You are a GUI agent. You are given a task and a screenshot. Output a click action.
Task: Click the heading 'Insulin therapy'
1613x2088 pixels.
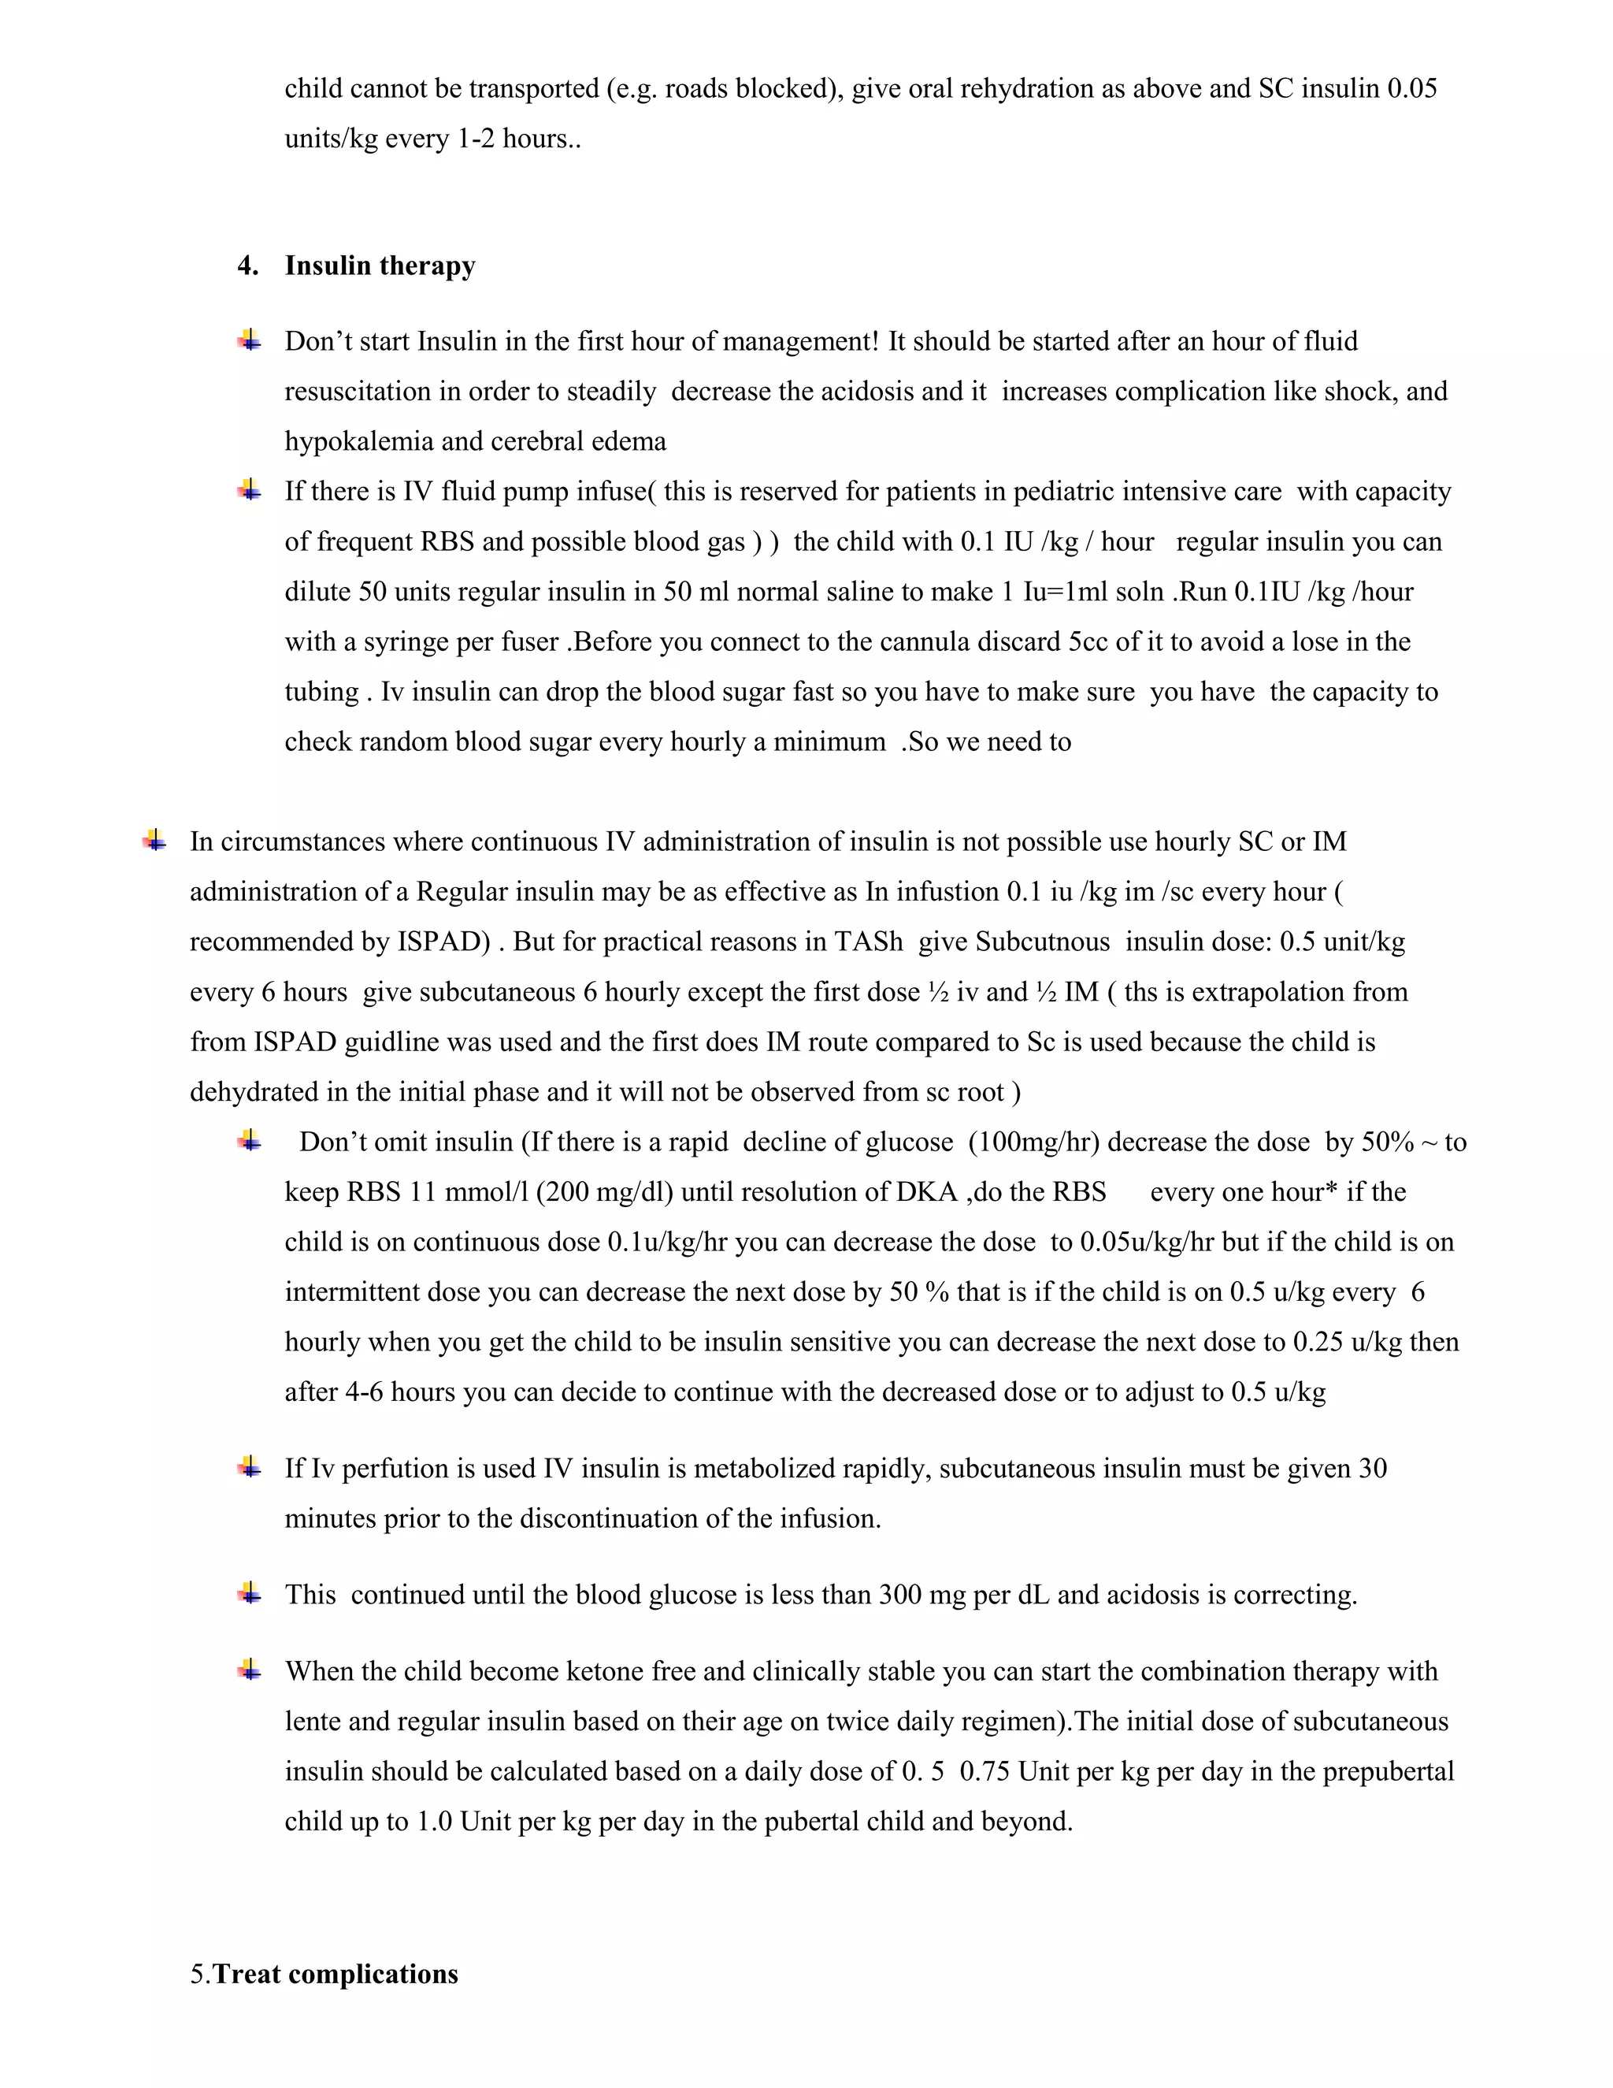(x=380, y=266)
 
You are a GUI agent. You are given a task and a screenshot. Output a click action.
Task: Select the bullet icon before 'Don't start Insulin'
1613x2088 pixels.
(x=250, y=340)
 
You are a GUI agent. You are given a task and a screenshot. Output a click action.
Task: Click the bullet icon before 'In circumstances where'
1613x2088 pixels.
(x=155, y=842)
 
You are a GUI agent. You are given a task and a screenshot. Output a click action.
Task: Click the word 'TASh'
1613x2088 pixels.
(x=868, y=942)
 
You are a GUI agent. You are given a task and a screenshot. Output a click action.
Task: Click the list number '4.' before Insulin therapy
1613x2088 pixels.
(x=248, y=266)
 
